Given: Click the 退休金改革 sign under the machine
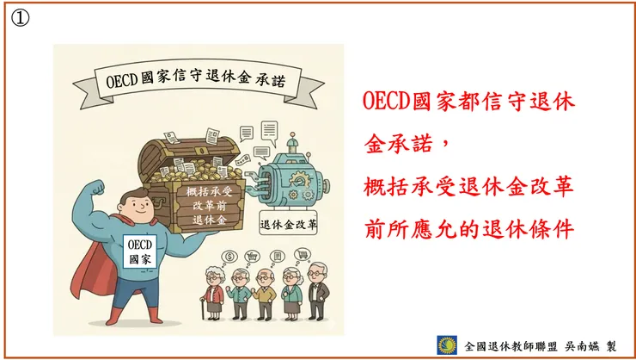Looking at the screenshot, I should [288, 227].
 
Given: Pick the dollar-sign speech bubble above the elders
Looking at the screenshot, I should [229, 256].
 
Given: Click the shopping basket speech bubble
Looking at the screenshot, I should [254, 255].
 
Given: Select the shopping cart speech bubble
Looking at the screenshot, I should [303, 254].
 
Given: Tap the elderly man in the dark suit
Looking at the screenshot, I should [319, 293].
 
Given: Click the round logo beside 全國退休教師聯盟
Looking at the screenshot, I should [447, 344].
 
